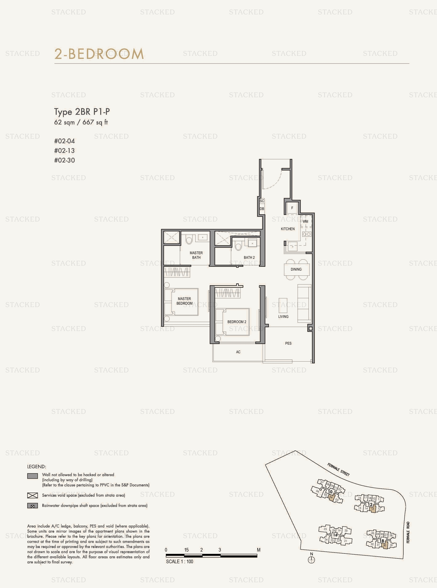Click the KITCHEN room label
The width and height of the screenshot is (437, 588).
tap(287, 229)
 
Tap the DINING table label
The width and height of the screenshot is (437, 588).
tap(296, 269)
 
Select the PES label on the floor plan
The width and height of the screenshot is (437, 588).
tap(288, 343)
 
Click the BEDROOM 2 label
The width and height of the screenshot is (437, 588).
tap(237, 322)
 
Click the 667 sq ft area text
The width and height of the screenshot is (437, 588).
tap(95, 122)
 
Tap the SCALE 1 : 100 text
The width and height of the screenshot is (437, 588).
tap(180, 562)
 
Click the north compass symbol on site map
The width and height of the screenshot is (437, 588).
tap(311, 560)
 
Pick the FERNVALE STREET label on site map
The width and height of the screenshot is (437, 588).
tap(338, 470)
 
